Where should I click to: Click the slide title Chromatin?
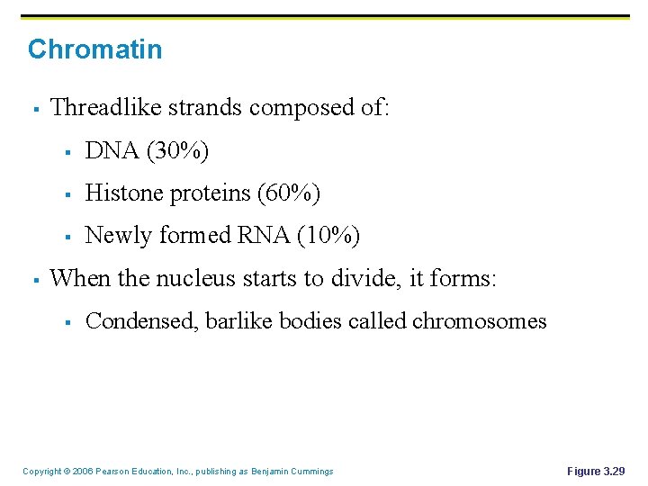click(x=94, y=49)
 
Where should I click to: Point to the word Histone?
click(x=121, y=193)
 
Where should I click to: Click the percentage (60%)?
click(x=289, y=193)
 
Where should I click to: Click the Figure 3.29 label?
click(x=596, y=471)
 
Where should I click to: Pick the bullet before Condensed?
click(x=68, y=322)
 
